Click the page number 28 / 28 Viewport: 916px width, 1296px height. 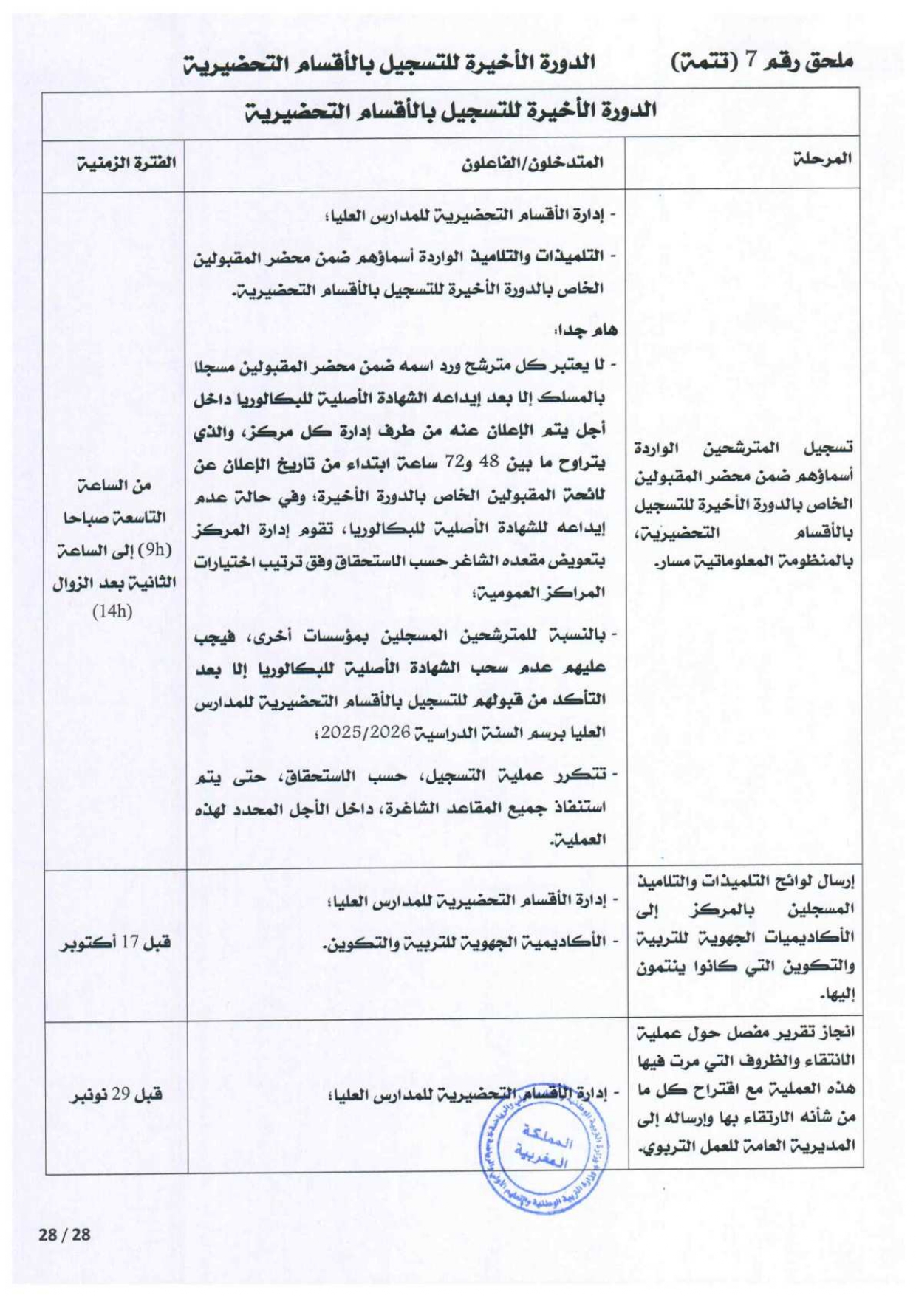coord(64,1235)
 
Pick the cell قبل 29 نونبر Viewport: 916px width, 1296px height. coord(117,1094)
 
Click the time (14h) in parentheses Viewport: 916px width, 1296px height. coord(112,612)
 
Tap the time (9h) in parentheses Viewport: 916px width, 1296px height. coord(155,550)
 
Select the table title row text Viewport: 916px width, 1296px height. coord(450,112)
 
